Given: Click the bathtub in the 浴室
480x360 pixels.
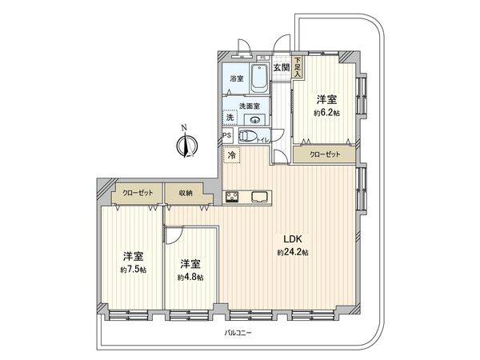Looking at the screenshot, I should pyautogui.click(x=260, y=81).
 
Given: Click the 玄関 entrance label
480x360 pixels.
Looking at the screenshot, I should pyautogui.click(x=280, y=67).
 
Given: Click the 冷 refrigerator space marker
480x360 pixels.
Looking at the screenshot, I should pyautogui.click(x=232, y=155).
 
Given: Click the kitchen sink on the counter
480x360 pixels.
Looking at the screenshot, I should pyautogui.click(x=261, y=196).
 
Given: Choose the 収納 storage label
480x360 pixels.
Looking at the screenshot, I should pyautogui.click(x=186, y=193).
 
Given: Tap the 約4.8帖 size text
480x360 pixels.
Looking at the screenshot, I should pyautogui.click(x=190, y=277).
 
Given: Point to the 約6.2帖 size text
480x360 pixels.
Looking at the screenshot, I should pyautogui.click(x=326, y=113).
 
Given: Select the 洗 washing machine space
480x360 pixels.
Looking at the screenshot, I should pyautogui.click(x=229, y=118).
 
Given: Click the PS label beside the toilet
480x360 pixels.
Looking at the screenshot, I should pyautogui.click(x=228, y=135).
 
